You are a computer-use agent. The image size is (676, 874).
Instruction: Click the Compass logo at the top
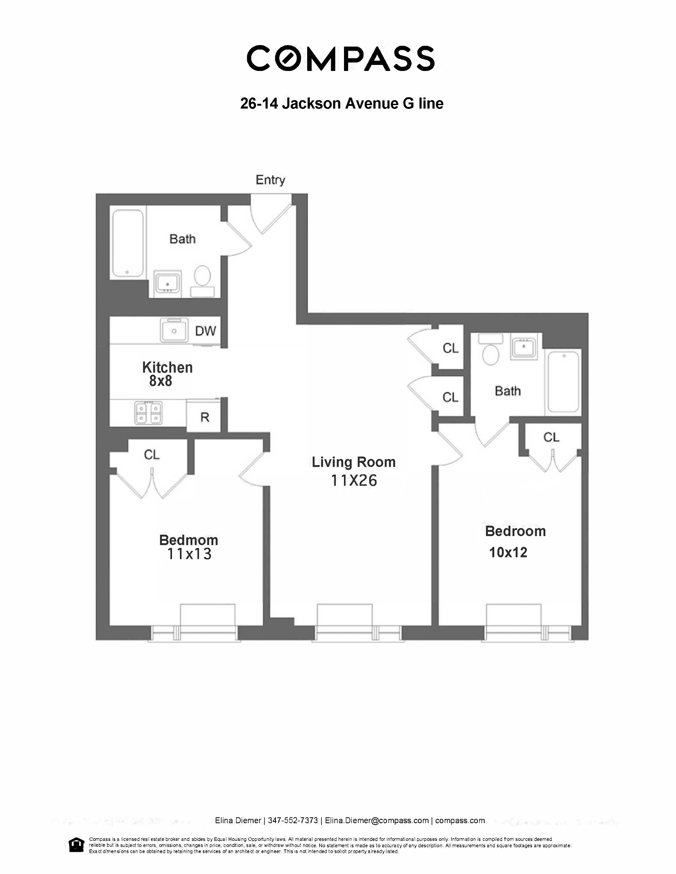pyautogui.click(x=341, y=59)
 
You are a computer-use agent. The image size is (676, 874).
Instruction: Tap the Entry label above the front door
pyautogui.click(x=270, y=180)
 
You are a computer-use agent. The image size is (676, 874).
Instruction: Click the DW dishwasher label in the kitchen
pyautogui.click(x=205, y=331)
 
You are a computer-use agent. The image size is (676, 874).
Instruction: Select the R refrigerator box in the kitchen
pyautogui.click(x=205, y=417)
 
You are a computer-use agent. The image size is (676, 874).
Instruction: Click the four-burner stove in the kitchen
pyautogui.click(x=148, y=412)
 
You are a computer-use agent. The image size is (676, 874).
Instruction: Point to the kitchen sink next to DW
pyautogui.click(x=174, y=330)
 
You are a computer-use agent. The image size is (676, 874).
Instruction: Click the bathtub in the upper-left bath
pyautogui.click(x=128, y=243)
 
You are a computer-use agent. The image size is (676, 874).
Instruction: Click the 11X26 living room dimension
pyautogui.click(x=354, y=481)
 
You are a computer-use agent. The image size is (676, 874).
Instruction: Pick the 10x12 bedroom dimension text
pyautogui.click(x=508, y=552)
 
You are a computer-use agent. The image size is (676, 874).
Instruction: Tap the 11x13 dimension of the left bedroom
pyautogui.click(x=189, y=554)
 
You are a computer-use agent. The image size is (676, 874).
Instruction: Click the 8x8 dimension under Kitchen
pyautogui.click(x=160, y=381)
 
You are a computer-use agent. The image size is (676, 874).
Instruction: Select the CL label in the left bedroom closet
pyautogui.click(x=152, y=455)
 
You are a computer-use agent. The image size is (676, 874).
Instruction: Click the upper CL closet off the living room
pyautogui.click(x=450, y=348)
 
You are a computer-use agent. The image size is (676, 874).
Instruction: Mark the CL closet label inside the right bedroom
pyautogui.click(x=551, y=437)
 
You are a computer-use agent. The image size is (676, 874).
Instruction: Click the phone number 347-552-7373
pyautogui.click(x=293, y=820)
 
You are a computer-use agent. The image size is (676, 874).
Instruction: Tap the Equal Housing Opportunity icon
pyautogui.click(x=77, y=844)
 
